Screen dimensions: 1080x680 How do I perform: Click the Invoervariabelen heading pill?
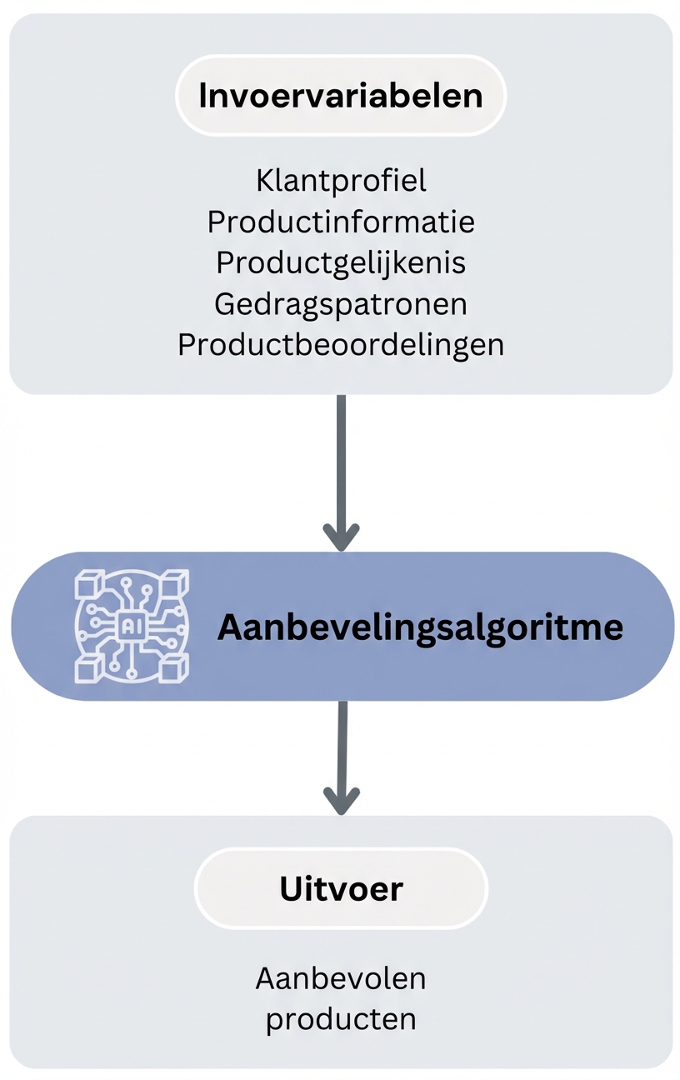[x=340, y=96]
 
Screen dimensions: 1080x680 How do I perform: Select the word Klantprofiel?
[x=341, y=181]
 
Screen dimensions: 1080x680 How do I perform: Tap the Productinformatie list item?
[x=341, y=222]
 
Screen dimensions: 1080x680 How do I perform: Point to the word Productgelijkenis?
[x=341, y=262]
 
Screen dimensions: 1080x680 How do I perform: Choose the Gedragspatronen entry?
[x=341, y=303]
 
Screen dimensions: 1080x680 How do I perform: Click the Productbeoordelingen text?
[x=341, y=345]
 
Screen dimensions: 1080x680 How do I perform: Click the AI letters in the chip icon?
[x=132, y=626]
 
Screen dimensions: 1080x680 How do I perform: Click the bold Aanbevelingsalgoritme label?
[x=420, y=627]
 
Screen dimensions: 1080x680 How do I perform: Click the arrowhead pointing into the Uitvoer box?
[x=341, y=800]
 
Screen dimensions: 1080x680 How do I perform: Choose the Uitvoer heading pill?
[x=341, y=889]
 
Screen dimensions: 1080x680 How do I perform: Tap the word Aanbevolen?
[x=341, y=978]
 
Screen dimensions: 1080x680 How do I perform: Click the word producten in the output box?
[x=341, y=1019]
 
